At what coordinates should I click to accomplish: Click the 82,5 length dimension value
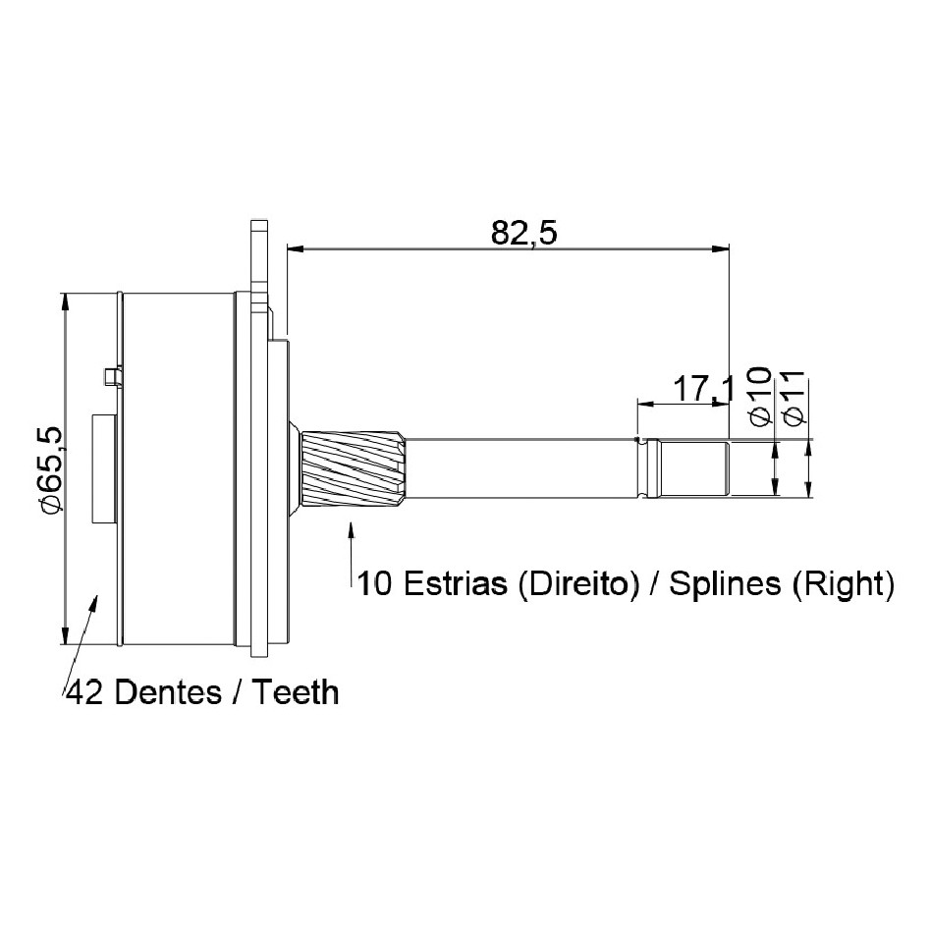click(524, 234)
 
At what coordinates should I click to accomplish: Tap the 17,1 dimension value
click(704, 390)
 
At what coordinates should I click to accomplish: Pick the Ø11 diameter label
click(793, 398)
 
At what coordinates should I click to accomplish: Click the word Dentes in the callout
click(169, 692)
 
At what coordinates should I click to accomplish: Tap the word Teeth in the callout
click(296, 692)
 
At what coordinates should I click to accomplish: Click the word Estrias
click(455, 583)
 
